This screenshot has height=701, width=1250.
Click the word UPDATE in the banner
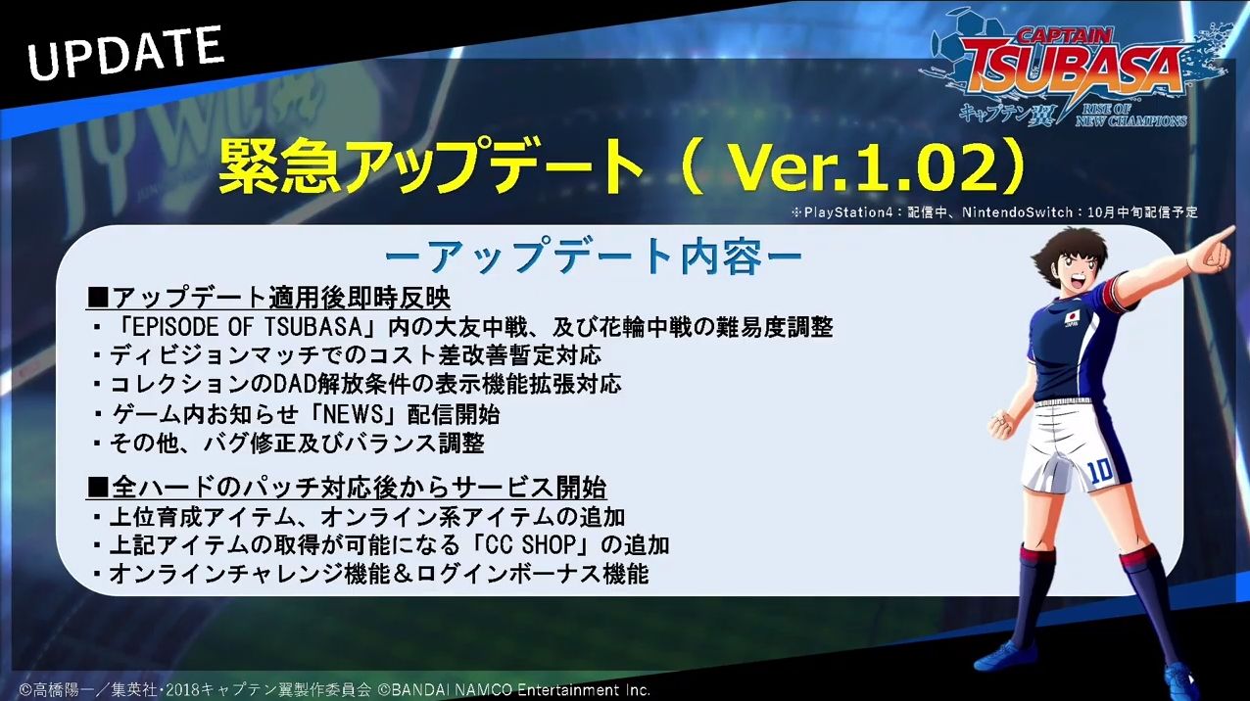pos(125,53)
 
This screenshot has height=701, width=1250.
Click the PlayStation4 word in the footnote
pos(848,212)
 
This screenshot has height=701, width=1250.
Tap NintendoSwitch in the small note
pos(1017,212)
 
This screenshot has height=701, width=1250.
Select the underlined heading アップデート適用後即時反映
pos(268,299)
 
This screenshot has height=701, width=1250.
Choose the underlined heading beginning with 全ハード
pos(347,488)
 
